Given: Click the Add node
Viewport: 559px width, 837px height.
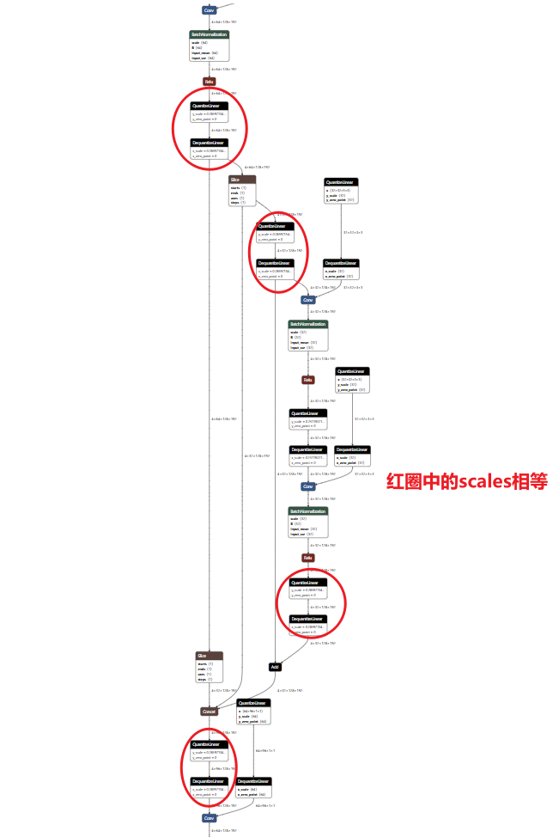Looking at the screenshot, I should [275, 666].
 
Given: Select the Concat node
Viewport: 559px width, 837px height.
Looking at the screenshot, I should [210, 712].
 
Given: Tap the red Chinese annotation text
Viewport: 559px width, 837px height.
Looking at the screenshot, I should [466, 481].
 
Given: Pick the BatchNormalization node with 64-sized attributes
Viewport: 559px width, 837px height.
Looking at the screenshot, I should [210, 46].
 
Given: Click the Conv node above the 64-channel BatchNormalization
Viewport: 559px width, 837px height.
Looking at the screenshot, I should [209, 9].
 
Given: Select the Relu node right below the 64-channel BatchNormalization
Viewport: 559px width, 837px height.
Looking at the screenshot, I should [209, 82].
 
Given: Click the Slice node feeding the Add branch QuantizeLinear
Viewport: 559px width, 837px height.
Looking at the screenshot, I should [242, 191].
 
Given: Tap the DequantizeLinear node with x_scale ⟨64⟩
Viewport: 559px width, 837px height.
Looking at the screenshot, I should [253, 786].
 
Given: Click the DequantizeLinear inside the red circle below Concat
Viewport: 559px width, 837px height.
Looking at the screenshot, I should [210, 785].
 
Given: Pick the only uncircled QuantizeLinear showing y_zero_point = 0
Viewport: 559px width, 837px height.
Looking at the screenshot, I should [308, 419].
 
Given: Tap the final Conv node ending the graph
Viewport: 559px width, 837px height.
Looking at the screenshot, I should [209, 818].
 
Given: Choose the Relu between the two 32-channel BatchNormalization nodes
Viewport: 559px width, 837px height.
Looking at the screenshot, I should [307, 379].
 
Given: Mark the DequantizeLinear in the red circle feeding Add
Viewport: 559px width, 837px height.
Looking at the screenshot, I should [308, 623].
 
